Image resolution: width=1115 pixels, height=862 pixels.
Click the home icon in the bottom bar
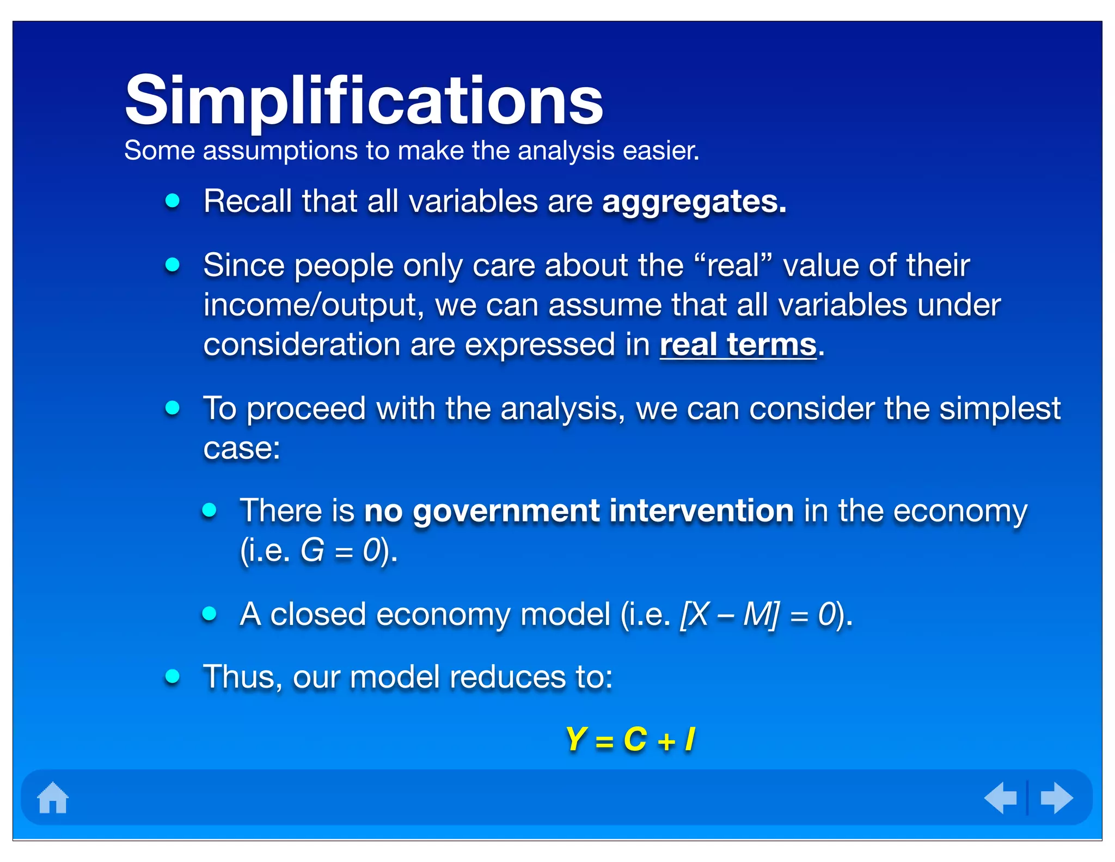click(x=53, y=798)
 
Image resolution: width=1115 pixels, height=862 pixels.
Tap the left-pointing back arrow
click(x=1001, y=798)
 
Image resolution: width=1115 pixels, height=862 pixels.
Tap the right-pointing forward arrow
click(x=1056, y=798)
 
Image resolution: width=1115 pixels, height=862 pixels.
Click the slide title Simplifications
click(x=364, y=101)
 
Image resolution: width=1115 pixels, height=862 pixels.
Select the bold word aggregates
click(x=694, y=202)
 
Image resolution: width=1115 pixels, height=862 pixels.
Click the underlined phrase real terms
click(x=738, y=345)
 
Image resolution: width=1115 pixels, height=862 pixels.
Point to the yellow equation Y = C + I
click(x=630, y=740)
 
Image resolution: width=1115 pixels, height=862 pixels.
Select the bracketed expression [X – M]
click(x=730, y=615)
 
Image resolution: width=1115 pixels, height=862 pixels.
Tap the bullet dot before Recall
click(x=173, y=201)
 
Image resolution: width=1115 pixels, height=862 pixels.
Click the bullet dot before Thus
click(x=173, y=677)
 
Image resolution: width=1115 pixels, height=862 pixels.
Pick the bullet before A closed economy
click(x=210, y=614)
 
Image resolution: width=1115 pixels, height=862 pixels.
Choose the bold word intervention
click(x=701, y=511)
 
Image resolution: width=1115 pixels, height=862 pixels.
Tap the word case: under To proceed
click(x=242, y=449)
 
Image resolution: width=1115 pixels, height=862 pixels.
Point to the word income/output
click(x=314, y=305)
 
